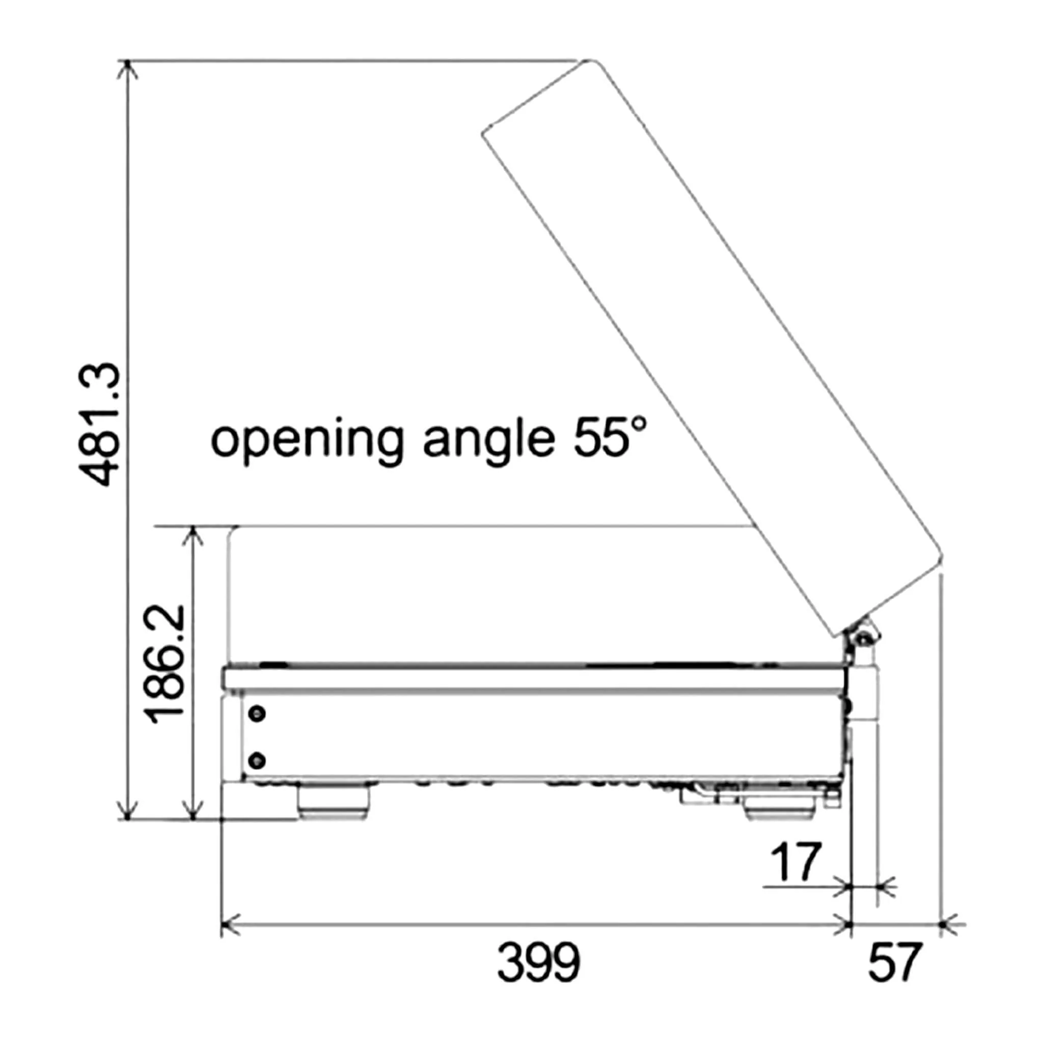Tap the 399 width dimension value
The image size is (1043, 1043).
(x=538, y=963)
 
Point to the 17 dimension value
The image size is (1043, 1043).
(x=796, y=862)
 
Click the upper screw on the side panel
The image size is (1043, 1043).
(x=259, y=713)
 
